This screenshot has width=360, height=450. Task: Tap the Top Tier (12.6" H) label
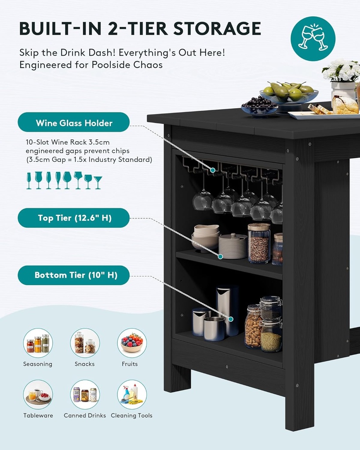click(x=73, y=218)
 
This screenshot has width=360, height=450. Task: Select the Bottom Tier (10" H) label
click(x=73, y=275)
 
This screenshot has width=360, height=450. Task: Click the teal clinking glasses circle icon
click(x=313, y=39)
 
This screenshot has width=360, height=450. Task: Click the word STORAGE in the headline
click(x=217, y=29)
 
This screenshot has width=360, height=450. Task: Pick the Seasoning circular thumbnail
click(x=38, y=343)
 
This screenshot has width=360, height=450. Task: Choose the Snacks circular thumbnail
click(x=85, y=343)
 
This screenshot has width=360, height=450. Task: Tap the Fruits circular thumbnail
click(x=132, y=343)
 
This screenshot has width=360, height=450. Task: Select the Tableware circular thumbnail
click(x=38, y=395)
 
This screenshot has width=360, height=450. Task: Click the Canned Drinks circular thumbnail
click(x=85, y=395)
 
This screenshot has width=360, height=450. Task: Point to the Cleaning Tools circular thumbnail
click(x=132, y=395)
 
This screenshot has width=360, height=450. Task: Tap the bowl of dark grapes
click(x=259, y=105)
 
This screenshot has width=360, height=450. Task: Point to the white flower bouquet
click(x=342, y=70)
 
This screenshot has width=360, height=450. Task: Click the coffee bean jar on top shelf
click(x=259, y=243)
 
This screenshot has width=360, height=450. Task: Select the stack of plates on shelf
click(x=233, y=246)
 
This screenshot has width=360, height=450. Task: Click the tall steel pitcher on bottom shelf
click(x=227, y=310)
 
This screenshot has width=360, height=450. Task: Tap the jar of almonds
click(x=253, y=327)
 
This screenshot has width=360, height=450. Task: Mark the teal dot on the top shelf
click(x=220, y=257)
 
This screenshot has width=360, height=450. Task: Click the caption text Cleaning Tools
click(x=131, y=415)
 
